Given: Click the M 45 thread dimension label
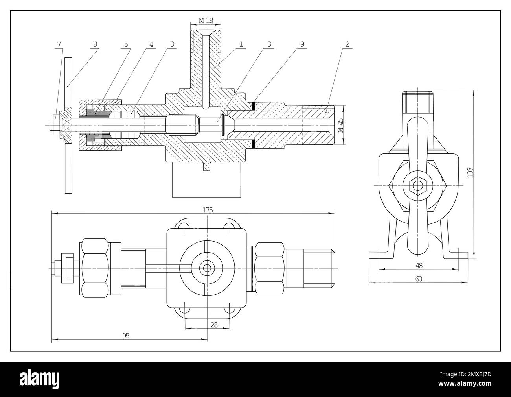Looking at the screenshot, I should (x=340, y=125).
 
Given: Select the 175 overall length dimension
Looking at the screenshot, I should (x=208, y=210).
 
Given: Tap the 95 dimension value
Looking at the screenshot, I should (x=126, y=335).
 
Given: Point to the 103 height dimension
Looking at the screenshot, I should (x=470, y=172).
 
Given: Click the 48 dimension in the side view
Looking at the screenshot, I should (x=419, y=265).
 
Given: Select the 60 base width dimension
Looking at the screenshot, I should (x=419, y=279).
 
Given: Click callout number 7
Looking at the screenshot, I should (x=59, y=44).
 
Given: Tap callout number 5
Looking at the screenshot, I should (x=126, y=44).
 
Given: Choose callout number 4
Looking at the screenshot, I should (x=151, y=44).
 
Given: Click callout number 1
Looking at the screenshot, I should (x=241, y=44).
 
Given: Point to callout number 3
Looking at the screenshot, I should (x=269, y=44).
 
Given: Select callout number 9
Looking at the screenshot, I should (x=302, y=44).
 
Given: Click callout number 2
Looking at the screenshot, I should (x=347, y=44).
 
